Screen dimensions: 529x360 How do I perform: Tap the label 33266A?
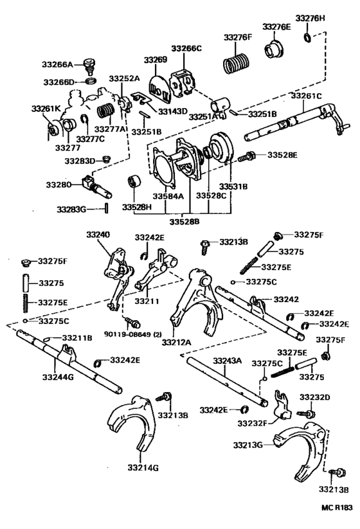[60, 64]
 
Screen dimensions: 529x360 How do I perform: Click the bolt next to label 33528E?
[249, 156]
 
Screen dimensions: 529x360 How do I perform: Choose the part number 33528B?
[184, 222]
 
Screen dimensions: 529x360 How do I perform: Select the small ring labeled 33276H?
[309, 40]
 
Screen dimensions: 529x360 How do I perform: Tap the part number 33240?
[100, 235]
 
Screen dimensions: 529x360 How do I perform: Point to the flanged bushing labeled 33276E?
[275, 49]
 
